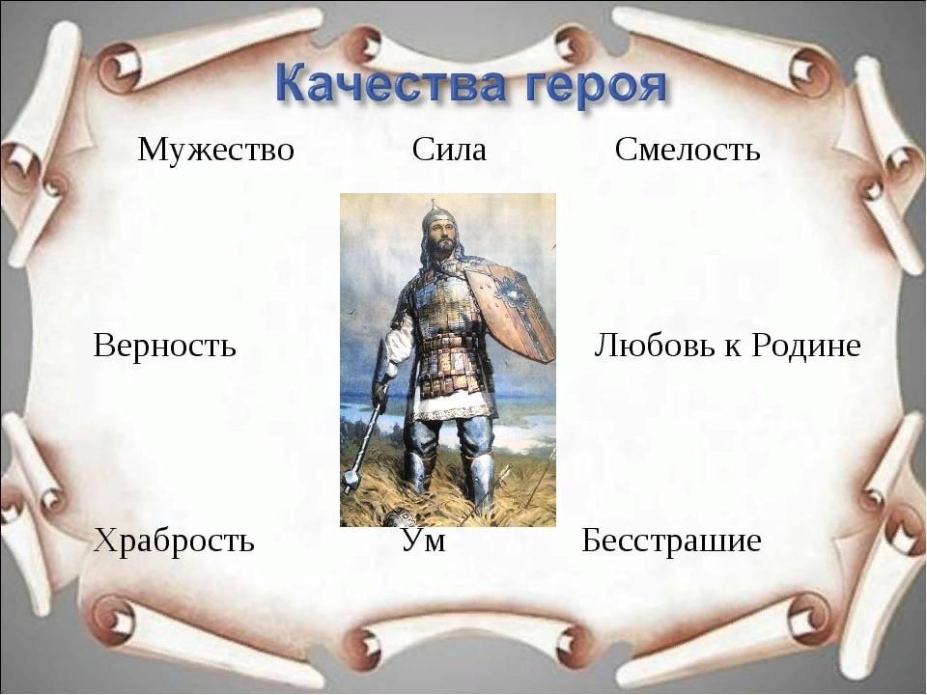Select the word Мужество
215,149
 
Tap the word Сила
449,149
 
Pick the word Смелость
688,149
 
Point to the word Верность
164,345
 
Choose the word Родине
806,345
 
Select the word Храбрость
175,541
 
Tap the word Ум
424,540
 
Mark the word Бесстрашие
672,540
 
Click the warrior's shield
510,311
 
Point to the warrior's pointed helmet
438,214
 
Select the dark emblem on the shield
513,292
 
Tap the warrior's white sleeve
397,349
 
